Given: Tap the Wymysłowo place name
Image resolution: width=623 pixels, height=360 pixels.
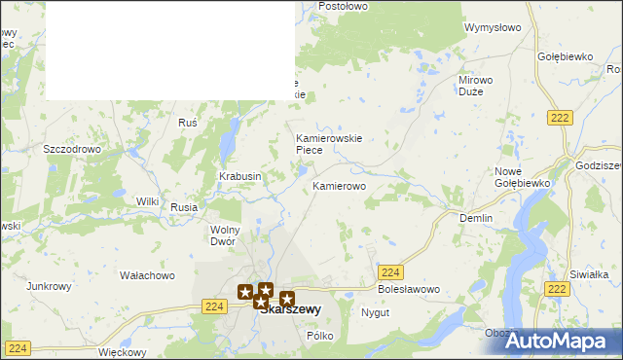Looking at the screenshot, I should (495, 27).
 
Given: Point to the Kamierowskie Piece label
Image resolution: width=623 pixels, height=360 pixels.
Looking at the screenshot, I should (329, 144).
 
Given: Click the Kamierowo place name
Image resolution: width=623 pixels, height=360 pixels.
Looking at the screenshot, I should (339, 185).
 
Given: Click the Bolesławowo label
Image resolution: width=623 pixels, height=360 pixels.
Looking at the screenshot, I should (409, 290).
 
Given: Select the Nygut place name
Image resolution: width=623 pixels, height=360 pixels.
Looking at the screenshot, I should (375, 313).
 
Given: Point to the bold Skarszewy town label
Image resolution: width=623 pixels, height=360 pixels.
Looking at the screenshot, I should (290, 309).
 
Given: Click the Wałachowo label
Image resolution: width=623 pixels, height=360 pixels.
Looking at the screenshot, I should (147, 275).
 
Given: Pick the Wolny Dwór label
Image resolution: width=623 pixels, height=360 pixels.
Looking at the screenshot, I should (224, 234).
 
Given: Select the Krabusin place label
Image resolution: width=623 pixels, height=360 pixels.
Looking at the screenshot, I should (239, 176).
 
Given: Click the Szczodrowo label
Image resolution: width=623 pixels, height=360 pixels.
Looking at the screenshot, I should (73, 149).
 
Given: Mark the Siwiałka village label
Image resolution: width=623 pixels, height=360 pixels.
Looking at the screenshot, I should (588, 274).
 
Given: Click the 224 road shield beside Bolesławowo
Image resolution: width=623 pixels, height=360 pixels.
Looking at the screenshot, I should (390, 272).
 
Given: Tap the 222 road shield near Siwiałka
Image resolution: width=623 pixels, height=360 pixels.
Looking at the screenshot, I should (557, 289).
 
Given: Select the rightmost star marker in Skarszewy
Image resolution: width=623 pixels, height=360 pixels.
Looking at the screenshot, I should (287, 299).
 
